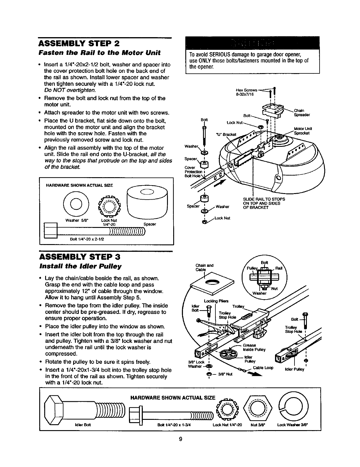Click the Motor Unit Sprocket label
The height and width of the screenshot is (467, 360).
pos(303,131)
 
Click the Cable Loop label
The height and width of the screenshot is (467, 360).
pos(265,368)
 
